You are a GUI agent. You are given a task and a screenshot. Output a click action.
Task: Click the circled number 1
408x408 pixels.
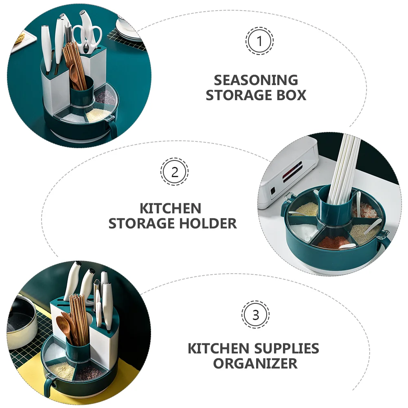point(259,41)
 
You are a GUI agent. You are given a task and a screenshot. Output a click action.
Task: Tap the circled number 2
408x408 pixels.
point(174,172)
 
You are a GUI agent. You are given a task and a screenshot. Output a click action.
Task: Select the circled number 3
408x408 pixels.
point(256,315)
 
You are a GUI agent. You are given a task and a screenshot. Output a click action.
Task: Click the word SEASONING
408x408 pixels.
point(256,80)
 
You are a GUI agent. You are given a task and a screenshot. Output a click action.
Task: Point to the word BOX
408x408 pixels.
point(291,95)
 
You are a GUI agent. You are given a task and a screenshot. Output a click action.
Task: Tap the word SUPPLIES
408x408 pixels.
point(287,349)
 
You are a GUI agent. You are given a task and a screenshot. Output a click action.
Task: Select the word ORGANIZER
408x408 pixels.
point(255,364)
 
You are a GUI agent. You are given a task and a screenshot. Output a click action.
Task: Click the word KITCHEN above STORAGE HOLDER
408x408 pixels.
point(171,208)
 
